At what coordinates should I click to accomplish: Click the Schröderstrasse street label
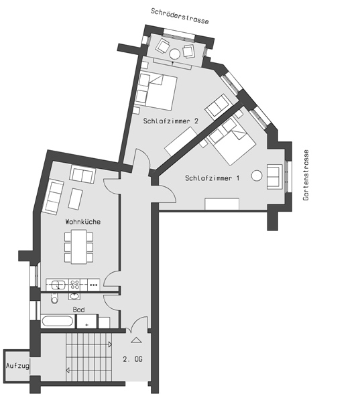pyautogui.click(x=180, y=16)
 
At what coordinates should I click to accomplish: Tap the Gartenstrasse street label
pyautogui.click(x=306, y=175)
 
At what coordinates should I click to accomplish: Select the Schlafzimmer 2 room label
pyautogui.click(x=171, y=121)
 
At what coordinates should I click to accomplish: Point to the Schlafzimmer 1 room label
pyautogui.click(x=213, y=178)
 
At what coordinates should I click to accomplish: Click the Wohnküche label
pyautogui.click(x=83, y=221)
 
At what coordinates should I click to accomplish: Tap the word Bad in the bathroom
pyautogui.click(x=79, y=310)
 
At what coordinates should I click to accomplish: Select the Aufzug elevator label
pyautogui.click(x=17, y=366)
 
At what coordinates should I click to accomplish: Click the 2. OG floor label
pyautogui.click(x=132, y=359)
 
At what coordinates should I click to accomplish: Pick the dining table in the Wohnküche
pyautogui.click(x=79, y=247)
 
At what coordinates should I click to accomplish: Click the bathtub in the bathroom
pyautogui.click(x=58, y=321)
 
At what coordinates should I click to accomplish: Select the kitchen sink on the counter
pyautogui.click(x=57, y=285)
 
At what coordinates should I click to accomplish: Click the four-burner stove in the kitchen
pyautogui.click(x=74, y=285)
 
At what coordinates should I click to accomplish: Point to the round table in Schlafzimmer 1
pyautogui.click(x=257, y=176)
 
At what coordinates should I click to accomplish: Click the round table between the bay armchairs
pyautogui.click(x=175, y=54)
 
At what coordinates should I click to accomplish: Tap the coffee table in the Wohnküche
pyautogui.click(x=76, y=199)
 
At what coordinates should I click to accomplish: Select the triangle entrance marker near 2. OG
pyautogui.click(x=136, y=340)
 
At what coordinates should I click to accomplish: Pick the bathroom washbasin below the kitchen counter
pyautogui.click(x=74, y=296)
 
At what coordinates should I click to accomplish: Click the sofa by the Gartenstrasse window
pyautogui.click(x=275, y=177)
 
